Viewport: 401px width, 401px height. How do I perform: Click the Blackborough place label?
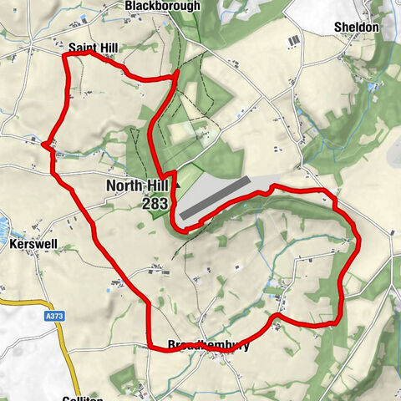[x=163, y=6]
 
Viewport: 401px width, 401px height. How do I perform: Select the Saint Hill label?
[x=93, y=48]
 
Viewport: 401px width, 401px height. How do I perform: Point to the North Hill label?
[x=138, y=186]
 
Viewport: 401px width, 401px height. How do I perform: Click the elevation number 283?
[x=155, y=203]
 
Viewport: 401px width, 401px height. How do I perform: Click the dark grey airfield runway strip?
[x=215, y=197]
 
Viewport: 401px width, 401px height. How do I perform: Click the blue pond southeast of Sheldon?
[x=371, y=86]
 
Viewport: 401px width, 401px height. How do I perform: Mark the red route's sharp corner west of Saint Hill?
[x=64, y=55]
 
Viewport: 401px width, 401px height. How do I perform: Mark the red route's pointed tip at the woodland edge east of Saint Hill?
[x=178, y=74]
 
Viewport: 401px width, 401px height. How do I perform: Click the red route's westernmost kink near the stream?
[x=43, y=144]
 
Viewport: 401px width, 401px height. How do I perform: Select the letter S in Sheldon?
[x=338, y=27]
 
